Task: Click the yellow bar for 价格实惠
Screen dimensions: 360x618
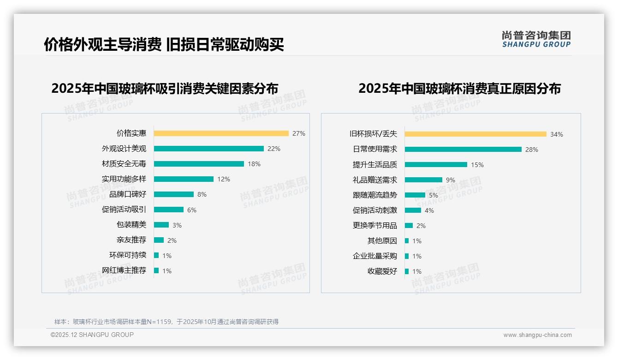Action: pyautogui.click(x=221, y=133)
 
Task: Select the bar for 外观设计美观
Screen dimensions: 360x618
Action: pyautogui.click(x=208, y=149)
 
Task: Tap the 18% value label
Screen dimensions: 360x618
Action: pyautogui.click(x=254, y=164)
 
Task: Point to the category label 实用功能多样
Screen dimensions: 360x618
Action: pyautogui.click(x=124, y=179)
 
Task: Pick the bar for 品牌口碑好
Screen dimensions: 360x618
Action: pyautogui.click(x=173, y=194)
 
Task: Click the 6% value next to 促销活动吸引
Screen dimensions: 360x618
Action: pyautogui.click(x=192, y=210)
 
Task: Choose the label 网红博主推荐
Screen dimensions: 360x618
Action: pyautogui.click(x=124, y=270)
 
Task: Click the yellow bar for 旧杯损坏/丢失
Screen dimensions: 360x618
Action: pyautogui.click(x=475, y=134)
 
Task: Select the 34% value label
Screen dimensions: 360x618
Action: pyautogui.click(x=557, y=134)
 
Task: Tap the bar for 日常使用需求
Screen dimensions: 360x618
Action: pyautogui.click(x=463, y=150)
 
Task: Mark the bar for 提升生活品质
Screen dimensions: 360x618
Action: pyautogui.click(x=436, y=165)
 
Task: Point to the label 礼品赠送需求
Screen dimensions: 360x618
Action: pyautogui.click(x=374, y=180)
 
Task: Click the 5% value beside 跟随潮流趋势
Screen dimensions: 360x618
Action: pyautogui.click(x=434, y=195)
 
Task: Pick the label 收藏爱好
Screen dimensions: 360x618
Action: pyautogui.click(x=382, y=271)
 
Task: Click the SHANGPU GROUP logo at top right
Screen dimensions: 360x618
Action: pyautogui.click(x=536, y=39)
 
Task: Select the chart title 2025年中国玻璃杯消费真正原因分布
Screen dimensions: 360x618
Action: pyautogui.click(x=459, y=89)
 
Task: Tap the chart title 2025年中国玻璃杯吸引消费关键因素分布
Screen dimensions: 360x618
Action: pyautogui.click(x=165, y=89)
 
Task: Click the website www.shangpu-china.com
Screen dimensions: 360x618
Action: pyautogui.click(x=537, y=335)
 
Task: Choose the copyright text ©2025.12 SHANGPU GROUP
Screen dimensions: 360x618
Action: pyautogui.click(x=92, y=335)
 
